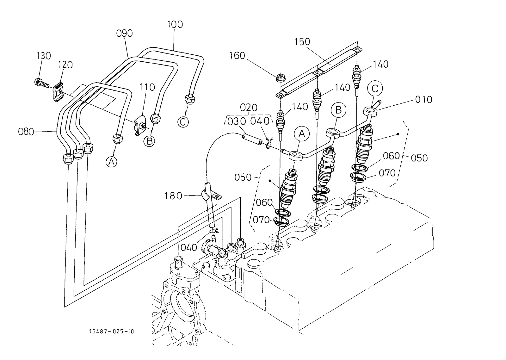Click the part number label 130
[44, 56]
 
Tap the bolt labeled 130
[40, 83]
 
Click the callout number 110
[147, 87]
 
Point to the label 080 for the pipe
[26, 131]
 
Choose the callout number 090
[124, 33]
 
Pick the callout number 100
[175, 24]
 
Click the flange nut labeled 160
[279, 77]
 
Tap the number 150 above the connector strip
[302, 42]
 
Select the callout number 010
[423, 100]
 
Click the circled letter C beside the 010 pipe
[375, 89]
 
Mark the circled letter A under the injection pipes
[111, 162]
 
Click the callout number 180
[173, 196]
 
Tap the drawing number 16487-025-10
[111, 331]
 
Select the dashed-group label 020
[249, 108]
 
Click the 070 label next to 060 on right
[387, 173]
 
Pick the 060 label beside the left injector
[264, 202]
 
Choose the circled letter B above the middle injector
[338, 110]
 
